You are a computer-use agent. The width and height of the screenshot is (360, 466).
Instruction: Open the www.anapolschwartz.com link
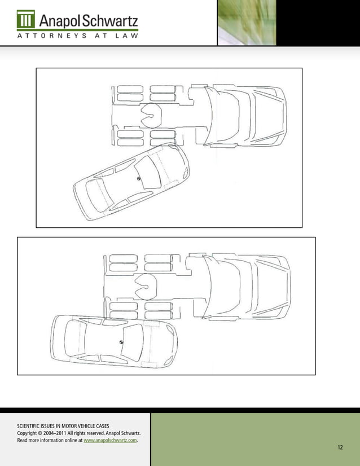[110, 441]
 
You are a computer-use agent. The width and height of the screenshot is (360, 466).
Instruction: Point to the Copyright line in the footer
[79, 433]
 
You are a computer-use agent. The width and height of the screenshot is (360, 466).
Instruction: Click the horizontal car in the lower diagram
[113, 344]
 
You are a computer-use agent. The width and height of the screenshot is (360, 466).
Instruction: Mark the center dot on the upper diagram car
[138, 179]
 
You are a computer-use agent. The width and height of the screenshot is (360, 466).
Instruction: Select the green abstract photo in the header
[247, 23]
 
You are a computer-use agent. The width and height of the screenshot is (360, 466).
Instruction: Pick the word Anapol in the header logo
[59, 21]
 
